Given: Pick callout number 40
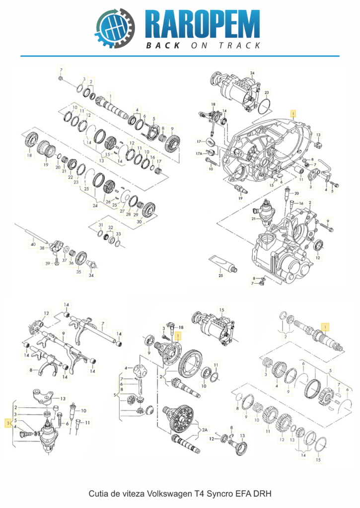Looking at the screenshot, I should (33, 244).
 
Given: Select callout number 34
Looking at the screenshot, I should (91, 276).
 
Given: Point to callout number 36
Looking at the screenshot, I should (71, 263).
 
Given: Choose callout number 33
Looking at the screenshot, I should (118, 234).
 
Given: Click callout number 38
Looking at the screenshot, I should (43, 248).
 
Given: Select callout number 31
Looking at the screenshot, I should (100, 226).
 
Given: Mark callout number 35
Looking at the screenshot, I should (78, 272).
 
